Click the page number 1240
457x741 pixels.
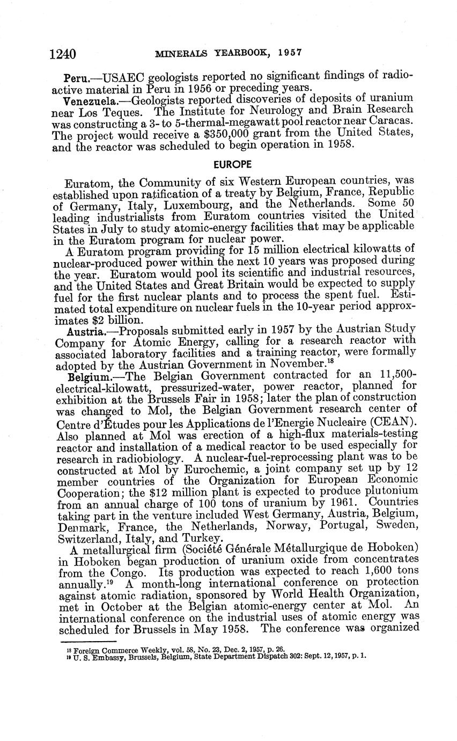62,54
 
